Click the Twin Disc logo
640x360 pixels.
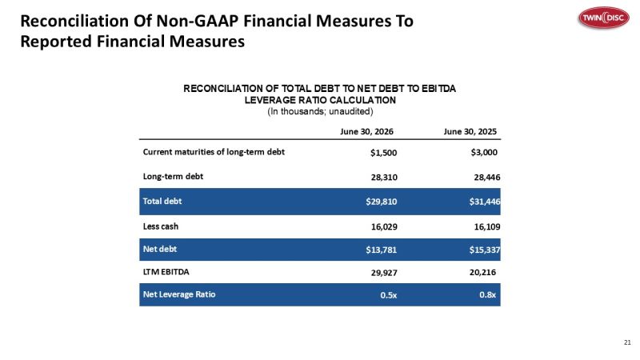(x=604, y=18)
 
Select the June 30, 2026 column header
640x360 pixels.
(x=366, y=131)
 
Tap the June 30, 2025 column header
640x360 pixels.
(x=470, y=131)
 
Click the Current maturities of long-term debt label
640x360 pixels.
(x=214, y=152)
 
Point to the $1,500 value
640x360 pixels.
(x=383, y=153)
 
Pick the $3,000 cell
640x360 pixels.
(x=484, y=153)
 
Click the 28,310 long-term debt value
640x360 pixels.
(x=384, y=177)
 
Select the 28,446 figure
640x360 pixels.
(x=487, y=177)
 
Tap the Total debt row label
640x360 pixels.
(x=162, y=202)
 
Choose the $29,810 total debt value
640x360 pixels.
(x=382, y=202)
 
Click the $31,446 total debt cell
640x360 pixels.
(x=485, y=202)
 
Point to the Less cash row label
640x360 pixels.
(x=161, y=226)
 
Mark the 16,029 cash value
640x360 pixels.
(x=384, y=227)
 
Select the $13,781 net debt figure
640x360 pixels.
(x=382, y=250)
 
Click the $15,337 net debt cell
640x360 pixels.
(x=485, y=250)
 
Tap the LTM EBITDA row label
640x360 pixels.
(x=166, y=272)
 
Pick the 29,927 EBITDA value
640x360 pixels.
(x=384, y=273)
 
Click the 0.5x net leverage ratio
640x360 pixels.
(x=388, y=295)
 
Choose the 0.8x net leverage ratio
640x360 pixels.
(x=487, y=295)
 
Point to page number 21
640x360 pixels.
(x=627, y=342)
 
